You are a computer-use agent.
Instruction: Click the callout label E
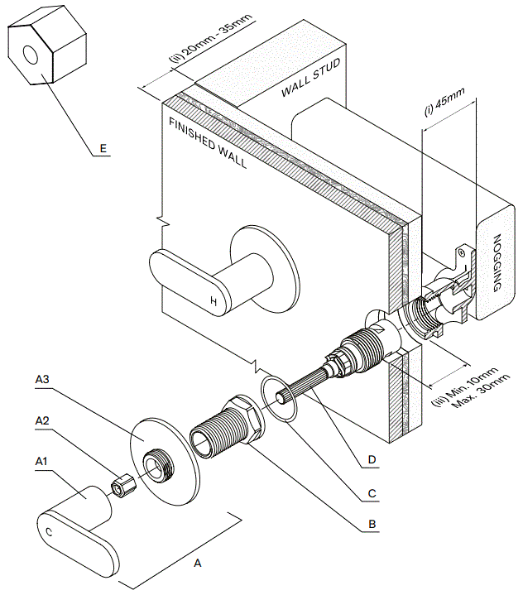point(103,148)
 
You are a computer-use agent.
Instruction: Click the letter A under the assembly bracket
point(197,563)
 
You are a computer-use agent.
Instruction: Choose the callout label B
point(372,524)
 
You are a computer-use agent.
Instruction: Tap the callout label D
point(372,458)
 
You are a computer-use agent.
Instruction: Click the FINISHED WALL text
point(208,142)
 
